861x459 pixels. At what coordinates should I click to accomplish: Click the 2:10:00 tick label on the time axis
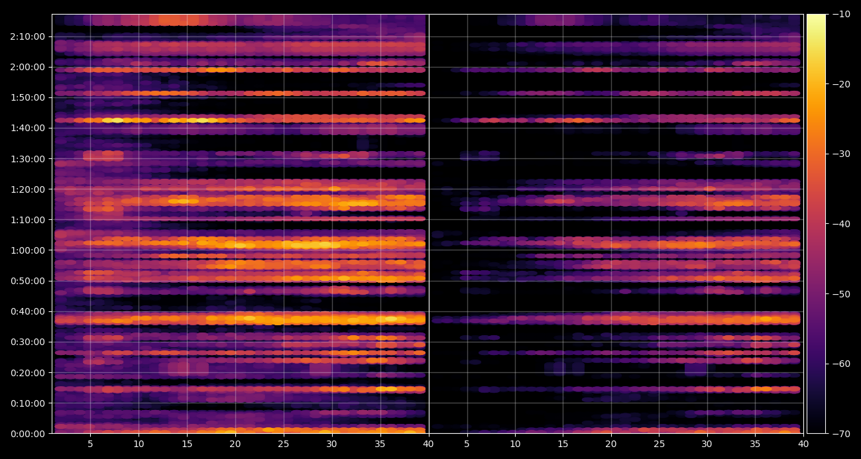(28, 37)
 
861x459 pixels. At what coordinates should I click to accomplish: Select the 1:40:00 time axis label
(28, 128)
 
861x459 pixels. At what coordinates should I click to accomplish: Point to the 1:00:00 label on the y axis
(28, 250)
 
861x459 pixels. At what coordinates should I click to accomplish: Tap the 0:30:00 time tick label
(28, 342)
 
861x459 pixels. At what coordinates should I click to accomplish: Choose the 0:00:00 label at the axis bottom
(28, 434)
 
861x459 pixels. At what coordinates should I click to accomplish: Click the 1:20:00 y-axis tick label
(28, 189)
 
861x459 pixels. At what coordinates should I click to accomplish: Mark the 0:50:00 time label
(28, 281)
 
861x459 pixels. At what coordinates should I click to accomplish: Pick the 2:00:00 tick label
(28, 67)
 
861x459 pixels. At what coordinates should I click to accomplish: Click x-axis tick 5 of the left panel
(90, 444)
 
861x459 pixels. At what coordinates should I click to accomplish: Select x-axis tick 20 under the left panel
(235, 444)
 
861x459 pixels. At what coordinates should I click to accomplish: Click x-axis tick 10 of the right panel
(515, 444)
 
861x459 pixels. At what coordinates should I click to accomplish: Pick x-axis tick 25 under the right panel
(660, 444)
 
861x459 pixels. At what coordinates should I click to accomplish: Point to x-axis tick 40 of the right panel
(803, 444)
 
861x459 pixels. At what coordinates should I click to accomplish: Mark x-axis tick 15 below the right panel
(563, 444)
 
